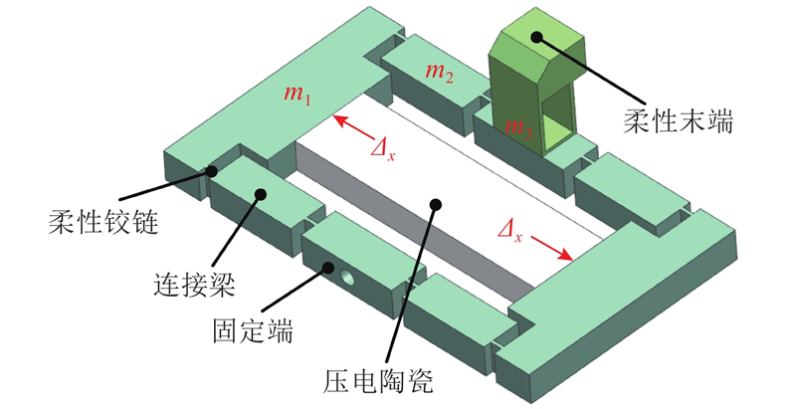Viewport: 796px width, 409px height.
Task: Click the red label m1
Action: click(297, 94)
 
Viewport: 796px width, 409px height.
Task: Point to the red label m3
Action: click(518, 126)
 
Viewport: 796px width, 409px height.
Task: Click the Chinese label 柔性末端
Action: click(679, 122)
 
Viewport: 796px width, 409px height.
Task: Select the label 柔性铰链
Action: click(103, 223)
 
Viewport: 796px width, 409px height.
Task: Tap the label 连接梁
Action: click(194, 284)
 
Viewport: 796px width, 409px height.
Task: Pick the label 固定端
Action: click(253, 331)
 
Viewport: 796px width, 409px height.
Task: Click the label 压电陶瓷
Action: click(378, 381)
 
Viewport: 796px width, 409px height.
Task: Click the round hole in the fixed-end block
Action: click(347, 277)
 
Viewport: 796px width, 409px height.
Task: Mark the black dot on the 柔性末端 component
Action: click(536, 37)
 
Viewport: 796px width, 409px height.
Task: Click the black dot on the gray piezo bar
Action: click(435, 205)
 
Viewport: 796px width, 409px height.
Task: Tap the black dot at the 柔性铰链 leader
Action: click(211, 171)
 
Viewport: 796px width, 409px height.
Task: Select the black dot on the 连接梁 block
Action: click(261, 194)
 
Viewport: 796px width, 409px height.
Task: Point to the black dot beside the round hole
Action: click(328, 267)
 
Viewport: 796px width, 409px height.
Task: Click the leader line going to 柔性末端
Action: click(590, 70)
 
